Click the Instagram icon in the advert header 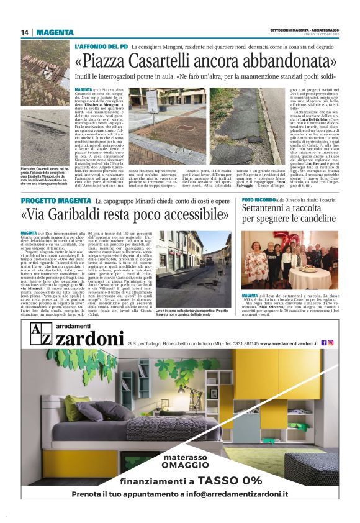coord(331,342)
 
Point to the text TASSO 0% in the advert coord(227,480)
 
